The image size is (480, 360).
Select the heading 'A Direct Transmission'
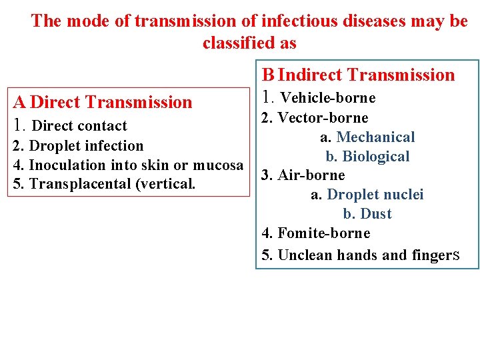coord(102,102)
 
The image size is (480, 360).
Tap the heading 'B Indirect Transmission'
coord(358,75)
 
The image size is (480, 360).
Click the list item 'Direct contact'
coord(79,126)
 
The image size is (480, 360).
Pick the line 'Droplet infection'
coord(87,146)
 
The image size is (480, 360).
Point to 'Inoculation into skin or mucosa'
coord(136,165)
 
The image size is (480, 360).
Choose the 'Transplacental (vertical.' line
coord(112,184)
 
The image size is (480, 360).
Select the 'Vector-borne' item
coord(323,118)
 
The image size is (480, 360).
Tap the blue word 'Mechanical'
coord(375,137)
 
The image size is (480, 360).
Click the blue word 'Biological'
coord(375,157)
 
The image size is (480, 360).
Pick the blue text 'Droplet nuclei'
coord(375,195)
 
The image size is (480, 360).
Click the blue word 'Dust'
coord(375,214)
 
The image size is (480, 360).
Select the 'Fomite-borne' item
coord(323,233)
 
